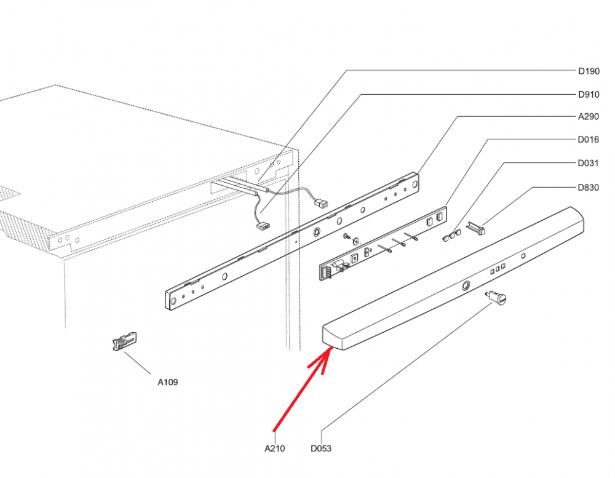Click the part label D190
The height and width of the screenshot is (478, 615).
pyautogui.click(x=589, y=71)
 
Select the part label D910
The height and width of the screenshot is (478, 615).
pyautogui.click(x=589, y=94)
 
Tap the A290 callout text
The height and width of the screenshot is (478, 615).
pyautogui.click(x=589, y=117)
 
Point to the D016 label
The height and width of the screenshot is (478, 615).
pyautogui.click(x=589, y=140)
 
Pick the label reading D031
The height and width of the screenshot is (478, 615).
pyautogui.click(x=589, y=164)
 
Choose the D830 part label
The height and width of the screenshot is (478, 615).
pyautogui.click(x=589, y=188)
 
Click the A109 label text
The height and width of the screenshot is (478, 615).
pyautogui.click(x=167, y=382)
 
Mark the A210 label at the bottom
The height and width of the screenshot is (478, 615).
pyautogui.click(x=274, y=448)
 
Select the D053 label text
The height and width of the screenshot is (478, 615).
pyautogui.click(x=321, y=448)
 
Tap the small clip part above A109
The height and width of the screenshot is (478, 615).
pyautogui.click(x=124, y=340)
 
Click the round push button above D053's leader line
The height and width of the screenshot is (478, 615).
pyautogui.click(x=500, y=300)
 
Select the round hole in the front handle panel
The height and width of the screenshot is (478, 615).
pyautogui.click(x=466, y=285)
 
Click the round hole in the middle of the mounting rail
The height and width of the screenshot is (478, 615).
pyautogui.click(x=317, y=232)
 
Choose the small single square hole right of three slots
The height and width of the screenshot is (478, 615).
pyautogui.click(x=523, y=255)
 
